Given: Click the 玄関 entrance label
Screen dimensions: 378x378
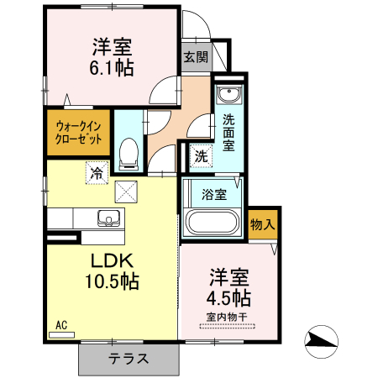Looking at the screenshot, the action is (196, 57).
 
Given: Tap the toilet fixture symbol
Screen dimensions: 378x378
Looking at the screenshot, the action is (129, 154).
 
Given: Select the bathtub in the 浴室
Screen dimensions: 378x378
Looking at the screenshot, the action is (213, 222).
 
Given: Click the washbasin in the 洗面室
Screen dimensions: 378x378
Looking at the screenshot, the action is (229, 95).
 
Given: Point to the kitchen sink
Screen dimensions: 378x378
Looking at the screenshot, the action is (108, 218).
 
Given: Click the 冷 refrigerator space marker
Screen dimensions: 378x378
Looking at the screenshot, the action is (97, 173).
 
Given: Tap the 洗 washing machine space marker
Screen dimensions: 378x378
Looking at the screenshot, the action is (201, 155).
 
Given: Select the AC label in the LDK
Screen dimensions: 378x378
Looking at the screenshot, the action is (61, 325).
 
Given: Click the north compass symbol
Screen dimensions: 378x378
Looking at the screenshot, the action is (321, 341).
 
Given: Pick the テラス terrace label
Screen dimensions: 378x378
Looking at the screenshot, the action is (129, 359).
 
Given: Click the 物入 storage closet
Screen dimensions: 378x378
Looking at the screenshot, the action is (263, 224).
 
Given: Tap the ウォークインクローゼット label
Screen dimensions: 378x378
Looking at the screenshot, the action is (78, 133).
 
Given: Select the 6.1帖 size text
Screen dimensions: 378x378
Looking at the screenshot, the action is (112, 68).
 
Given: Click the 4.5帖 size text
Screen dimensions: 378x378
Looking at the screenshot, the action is (228, 298).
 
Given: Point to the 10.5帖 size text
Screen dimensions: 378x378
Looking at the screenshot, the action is (112, 281).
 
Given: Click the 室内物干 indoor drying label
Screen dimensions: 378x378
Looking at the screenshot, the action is (227, 318).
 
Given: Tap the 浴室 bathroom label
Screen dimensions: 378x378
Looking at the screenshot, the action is (214, 194).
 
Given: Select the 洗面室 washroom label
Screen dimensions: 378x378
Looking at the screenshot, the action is (228, 133).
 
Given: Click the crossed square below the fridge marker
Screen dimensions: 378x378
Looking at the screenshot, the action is (126, 192).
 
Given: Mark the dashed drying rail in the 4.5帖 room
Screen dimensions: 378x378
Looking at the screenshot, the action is (227, 326).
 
